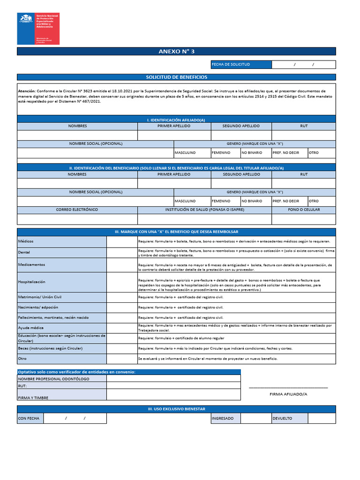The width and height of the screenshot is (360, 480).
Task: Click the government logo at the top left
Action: [38, 28]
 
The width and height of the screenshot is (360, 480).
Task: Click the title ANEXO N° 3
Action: [176, 51]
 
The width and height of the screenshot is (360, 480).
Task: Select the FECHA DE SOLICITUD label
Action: [231, 64]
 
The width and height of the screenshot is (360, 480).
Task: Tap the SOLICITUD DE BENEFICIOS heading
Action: [176, 77]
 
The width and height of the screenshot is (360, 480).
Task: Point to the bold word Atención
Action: [26, 91]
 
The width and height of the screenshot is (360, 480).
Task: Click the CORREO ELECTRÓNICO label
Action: [77, 210]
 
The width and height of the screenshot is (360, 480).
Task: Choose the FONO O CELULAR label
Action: [304, 210]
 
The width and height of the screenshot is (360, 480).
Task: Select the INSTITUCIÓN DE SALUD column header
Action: [204, 210]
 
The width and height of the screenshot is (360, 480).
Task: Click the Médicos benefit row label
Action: [26, 241]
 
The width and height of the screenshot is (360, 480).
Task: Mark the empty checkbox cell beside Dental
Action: [121, 252]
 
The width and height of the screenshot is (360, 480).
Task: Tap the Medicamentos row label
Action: [31, 264]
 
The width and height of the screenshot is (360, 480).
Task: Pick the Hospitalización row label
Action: [31, 282]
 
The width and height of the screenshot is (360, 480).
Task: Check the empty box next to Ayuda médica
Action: [121, 327]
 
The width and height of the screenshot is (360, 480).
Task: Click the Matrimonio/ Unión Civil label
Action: [40, 297]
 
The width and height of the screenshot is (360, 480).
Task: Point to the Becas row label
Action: [50, 348]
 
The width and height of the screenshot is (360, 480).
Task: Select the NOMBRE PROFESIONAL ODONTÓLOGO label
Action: [53, 379]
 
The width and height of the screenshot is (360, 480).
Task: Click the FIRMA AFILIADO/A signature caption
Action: [288, 394]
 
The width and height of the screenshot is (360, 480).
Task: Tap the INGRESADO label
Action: [223, 418]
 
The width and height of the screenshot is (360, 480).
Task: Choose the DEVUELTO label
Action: [282, 418]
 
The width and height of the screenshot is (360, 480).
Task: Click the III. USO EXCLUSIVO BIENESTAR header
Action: [176, 409]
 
